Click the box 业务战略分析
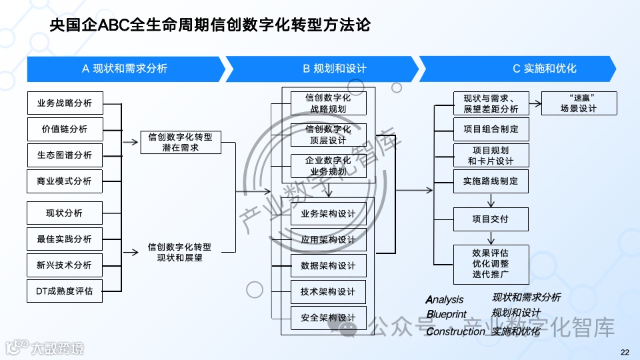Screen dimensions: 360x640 pyautogui.click(x=65, y=103)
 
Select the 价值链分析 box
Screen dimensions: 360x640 pyautogui.click(x=65, y=129)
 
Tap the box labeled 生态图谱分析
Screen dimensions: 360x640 pyautogui.click(x=65, y=155)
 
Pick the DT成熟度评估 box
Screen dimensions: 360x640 pyautogui.click(x=65, y=291)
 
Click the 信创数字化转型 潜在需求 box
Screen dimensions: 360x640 pyautogui.click(x=181, y=142)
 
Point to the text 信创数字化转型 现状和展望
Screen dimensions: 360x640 pyautogui.click(x=180, y=252)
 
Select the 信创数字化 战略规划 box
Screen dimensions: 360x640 pyautogui.click(x=328, y=103)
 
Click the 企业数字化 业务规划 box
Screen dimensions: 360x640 pyautogui.click(x=328, y=166)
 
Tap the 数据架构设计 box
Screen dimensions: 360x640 pyautogui.click(x=328, y=266)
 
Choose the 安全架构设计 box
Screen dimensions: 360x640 pyautogui.click(x=328, y=318)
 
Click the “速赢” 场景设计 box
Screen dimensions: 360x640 pyautogui.click(x=579, y=103)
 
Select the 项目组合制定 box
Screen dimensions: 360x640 pyautogui.click(x=491, y=129)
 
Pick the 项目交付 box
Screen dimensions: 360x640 pyautogui.click(x=491, y=219)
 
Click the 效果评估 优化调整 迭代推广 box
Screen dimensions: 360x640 pyautogui.click(x=491, y=264)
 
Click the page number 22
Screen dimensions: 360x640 pyautogui.click(x=625, y=353)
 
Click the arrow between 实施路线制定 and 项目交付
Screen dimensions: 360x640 pyautogui.click(x=491, y=200)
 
